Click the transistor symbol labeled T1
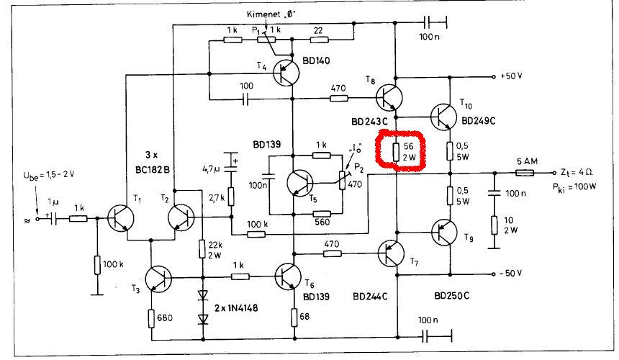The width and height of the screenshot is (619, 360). tap(121, 215)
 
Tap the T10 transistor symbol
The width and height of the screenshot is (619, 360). tap(447, 115)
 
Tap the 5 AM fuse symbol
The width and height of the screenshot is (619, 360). tap(526, 172)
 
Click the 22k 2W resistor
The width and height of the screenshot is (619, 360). tap(204, 248)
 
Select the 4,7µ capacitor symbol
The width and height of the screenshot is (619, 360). tap(230, 165)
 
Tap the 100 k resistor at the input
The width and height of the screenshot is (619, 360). tap(96, 265)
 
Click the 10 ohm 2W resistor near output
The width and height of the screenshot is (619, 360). tap(494, 225)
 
